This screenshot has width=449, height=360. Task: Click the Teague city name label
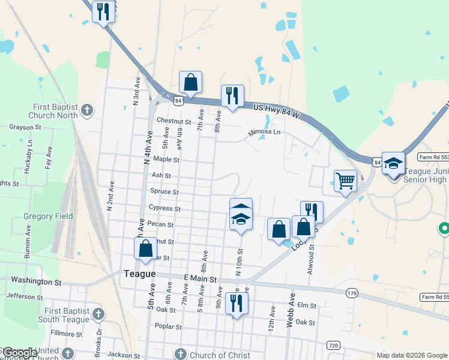(x=139, y=274)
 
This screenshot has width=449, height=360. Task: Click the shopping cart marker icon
(x=345, y=180)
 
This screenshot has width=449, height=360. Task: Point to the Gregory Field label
(x=48, y=216)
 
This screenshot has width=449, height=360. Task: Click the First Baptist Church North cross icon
(x=88, y=110)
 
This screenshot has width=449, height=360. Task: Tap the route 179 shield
(x=352, y=293)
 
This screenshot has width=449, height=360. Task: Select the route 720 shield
(x=333, y=346)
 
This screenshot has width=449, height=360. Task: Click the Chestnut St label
(x=173, y=121)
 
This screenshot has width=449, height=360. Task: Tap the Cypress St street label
(x=164, y=208)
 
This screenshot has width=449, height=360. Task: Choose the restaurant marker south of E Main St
(x=237, y=303)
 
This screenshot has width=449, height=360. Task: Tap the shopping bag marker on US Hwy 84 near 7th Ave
(x=190, y=82)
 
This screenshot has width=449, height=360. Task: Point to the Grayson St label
(x=25, y=127)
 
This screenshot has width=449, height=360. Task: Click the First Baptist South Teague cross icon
(x=98, y=314)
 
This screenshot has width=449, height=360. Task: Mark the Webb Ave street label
(x=291, y=310)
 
